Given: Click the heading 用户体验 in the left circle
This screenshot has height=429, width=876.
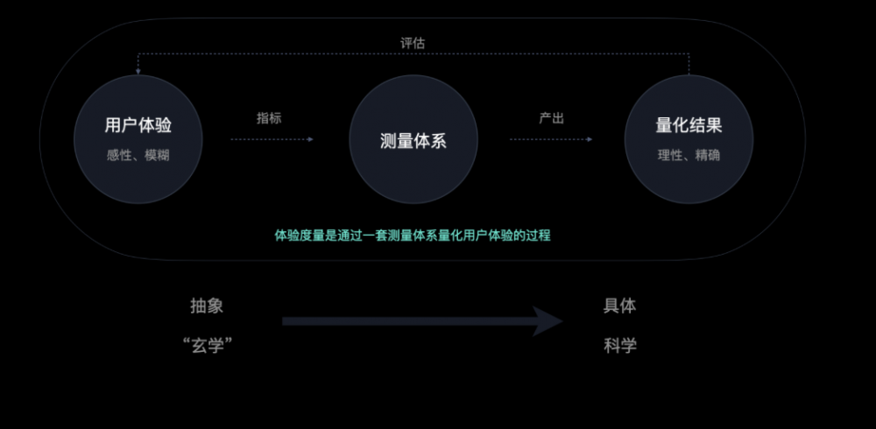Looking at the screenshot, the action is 138,125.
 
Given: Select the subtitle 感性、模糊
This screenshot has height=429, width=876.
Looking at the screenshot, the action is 138,155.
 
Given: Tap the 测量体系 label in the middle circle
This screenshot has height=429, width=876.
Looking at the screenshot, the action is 413,141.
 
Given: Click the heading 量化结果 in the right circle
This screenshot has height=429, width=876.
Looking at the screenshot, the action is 689,125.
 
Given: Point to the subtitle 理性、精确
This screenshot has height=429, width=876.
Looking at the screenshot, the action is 689,155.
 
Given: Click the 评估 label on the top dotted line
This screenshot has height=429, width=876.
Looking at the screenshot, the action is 413,43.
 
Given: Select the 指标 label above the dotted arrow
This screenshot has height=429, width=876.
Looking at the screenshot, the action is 269,118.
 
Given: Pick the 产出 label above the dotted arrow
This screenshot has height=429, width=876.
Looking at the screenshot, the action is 551,118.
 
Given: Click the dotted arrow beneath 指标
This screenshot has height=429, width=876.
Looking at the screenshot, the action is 272,139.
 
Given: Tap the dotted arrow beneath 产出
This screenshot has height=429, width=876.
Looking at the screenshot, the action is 551,139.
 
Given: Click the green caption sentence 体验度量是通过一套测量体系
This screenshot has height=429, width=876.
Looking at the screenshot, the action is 413,236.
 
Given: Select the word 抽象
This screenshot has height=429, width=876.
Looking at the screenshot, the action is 207,306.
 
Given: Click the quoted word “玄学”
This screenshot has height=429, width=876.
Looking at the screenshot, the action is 208,346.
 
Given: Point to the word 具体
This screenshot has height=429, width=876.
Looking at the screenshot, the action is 619,306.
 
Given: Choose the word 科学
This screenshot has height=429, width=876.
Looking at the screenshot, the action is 619,346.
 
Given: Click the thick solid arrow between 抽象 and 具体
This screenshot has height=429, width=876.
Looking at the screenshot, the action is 422,321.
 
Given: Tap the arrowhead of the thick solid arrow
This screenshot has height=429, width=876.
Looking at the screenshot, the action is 547,321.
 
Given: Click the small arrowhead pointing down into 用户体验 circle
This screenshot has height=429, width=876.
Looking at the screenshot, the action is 138,72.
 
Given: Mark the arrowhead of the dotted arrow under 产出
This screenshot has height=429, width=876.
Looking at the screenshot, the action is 590,139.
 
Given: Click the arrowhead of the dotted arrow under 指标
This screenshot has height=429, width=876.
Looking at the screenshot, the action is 311,139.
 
